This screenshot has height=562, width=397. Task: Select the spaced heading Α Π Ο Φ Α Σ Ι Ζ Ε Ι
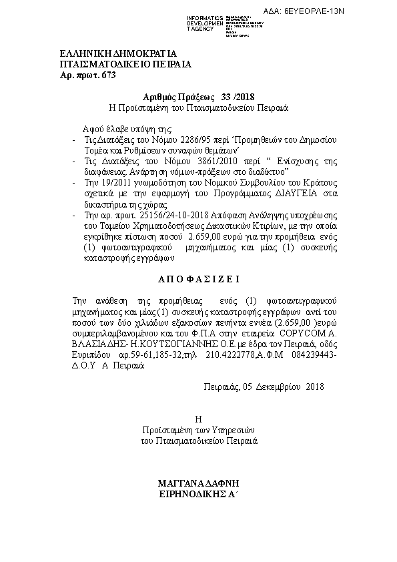[198, 277]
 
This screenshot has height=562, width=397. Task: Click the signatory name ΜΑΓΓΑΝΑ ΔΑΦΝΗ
[199, 483]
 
